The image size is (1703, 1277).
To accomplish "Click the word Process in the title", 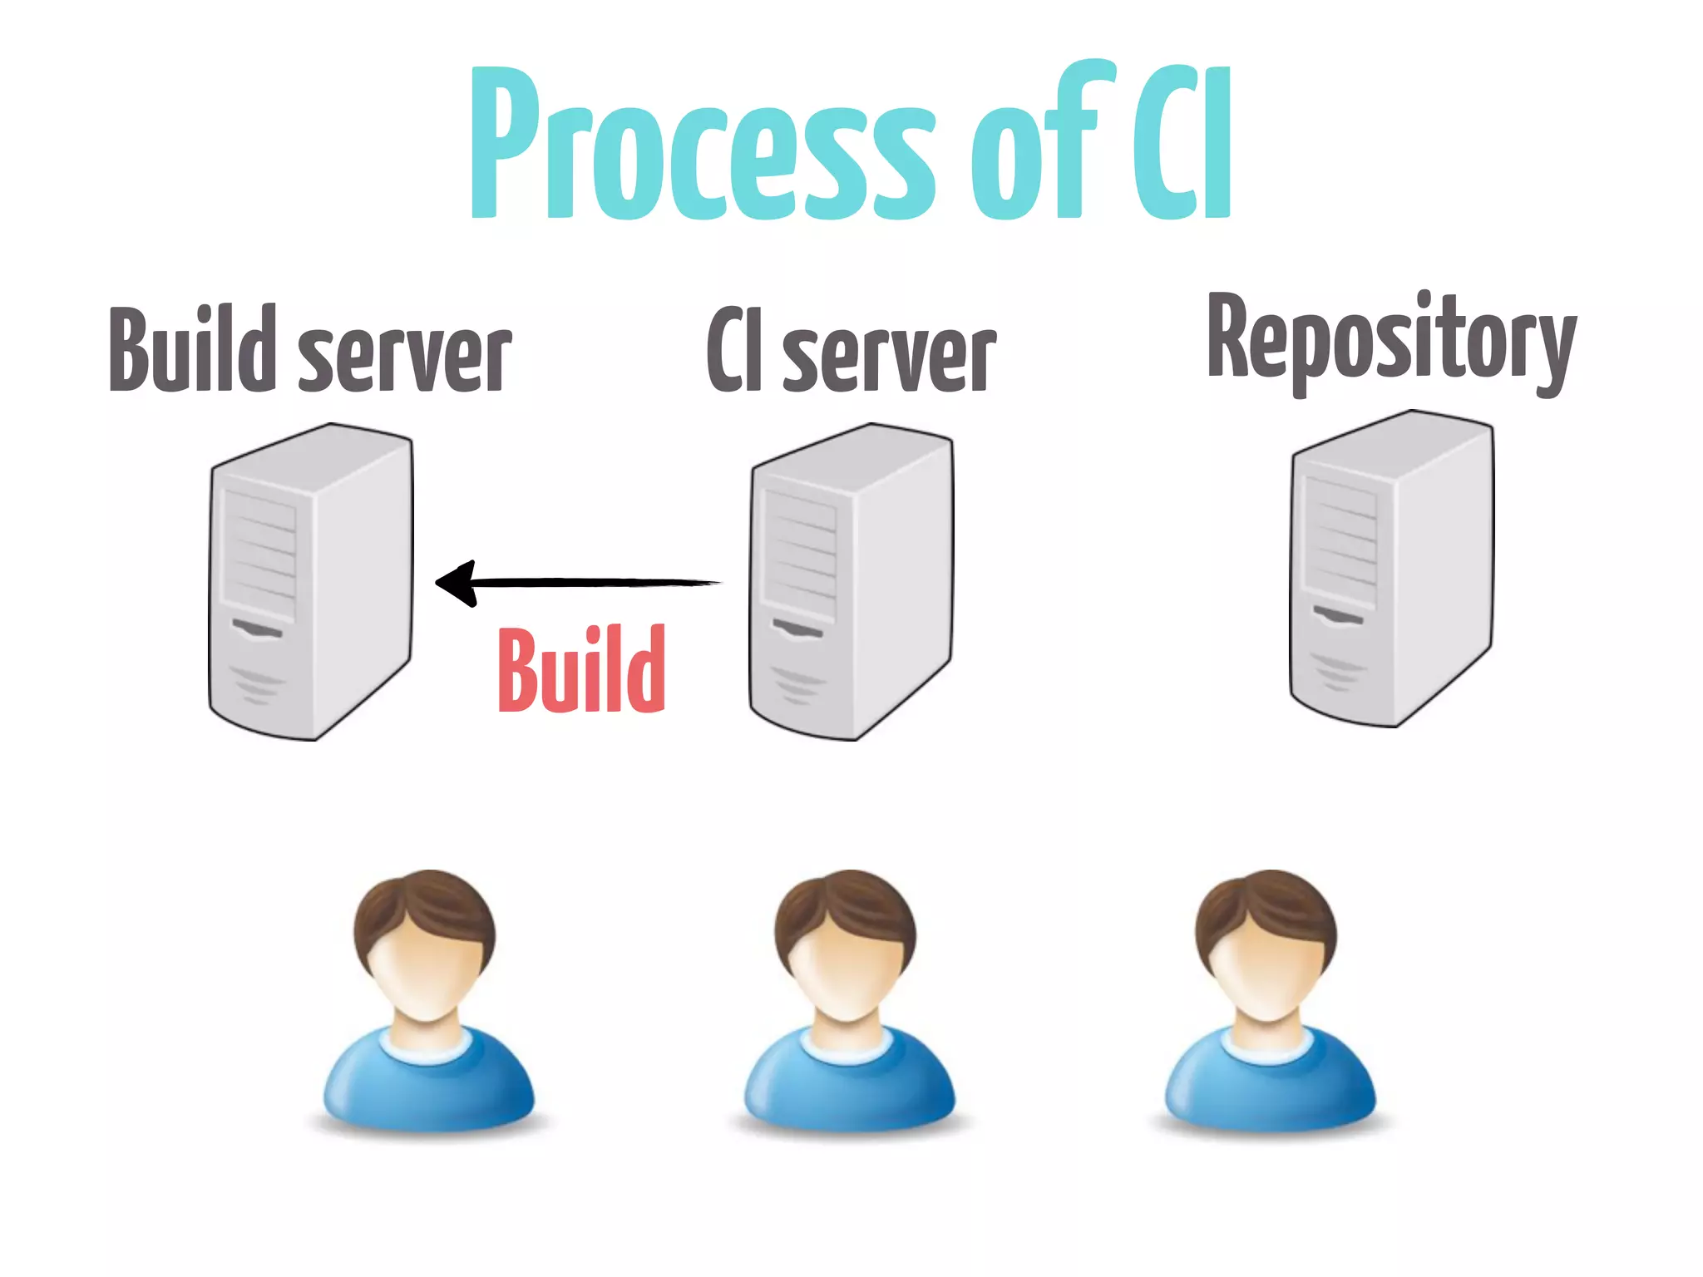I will pyautogui.click(x=703, y=145).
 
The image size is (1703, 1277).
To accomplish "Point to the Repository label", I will pyautogui.click(x=1391, y=341).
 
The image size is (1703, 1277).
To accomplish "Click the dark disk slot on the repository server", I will pyautogui.click(x=1338, y=616).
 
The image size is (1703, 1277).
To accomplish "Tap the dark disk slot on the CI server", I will pyautogui.click(x=797, y=629).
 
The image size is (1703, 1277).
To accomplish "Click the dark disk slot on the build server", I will pyautogui.click(x=257, y=629).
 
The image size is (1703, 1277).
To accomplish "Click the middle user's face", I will pyautogui.click(x=847, y=973).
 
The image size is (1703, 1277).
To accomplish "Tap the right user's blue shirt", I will pyautogui.click(x=1270, y=1081).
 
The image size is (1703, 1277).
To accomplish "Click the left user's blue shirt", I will pyautogui.click(x=428, y=1081).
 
